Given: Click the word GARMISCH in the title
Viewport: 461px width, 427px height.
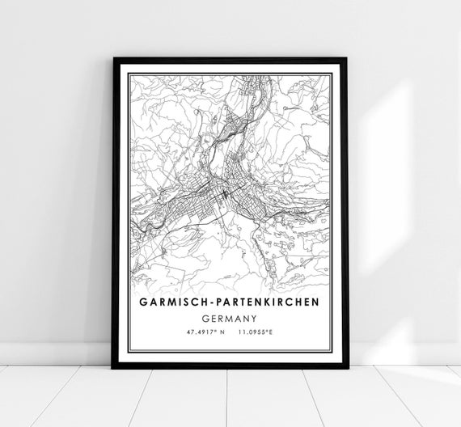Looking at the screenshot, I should pyautogui.click(x=176, y=301).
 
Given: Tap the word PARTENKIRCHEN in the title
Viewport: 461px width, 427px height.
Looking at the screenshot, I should pyautogui.click(x=266, y=301).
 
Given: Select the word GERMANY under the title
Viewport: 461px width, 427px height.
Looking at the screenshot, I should pyautogui.click(x=230, y=317).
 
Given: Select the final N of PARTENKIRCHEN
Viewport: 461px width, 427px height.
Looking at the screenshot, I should pyautogui.click(x=315, y=301).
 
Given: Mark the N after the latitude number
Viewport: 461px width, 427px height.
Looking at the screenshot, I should pyautogui.click(x=222, y=332).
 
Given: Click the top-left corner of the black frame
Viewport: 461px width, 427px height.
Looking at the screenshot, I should pyautogui.click(x=114, y=59).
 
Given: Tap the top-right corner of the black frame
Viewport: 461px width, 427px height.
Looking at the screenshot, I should pyautogui.click(x=347, y=59).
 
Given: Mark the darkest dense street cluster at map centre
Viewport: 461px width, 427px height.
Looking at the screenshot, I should pyautogui.click(x=224, y=195).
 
